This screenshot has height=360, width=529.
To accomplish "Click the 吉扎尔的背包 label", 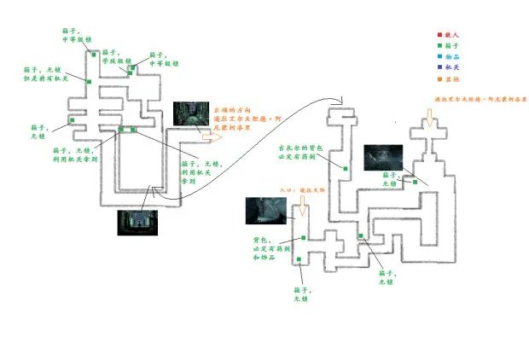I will tap(298, 152).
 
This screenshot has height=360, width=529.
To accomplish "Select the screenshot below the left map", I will tap(136, 222).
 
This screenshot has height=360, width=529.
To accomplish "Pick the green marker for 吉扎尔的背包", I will tap(345, 168).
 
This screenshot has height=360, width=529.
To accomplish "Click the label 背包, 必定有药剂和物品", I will tap(270, 248).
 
